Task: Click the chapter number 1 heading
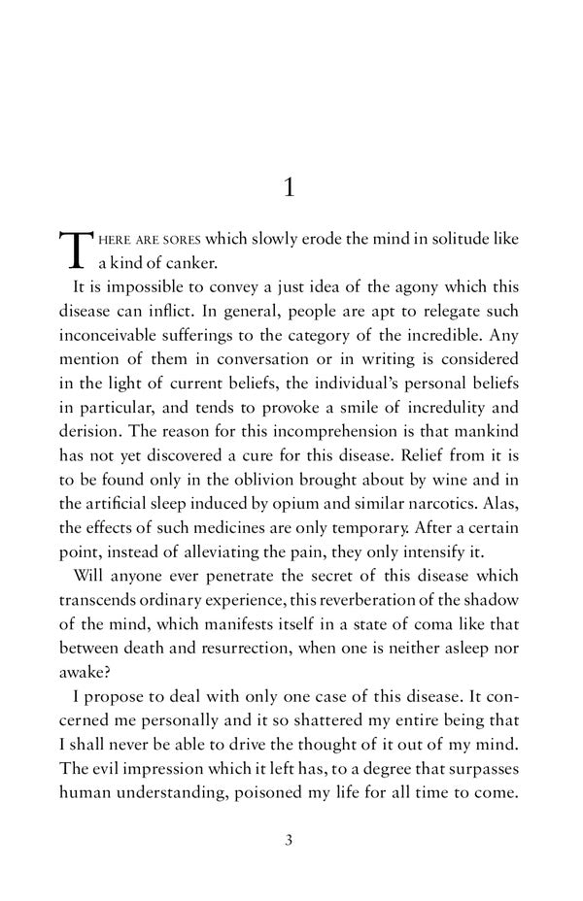(289, 187)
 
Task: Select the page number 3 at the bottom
(289, 840)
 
